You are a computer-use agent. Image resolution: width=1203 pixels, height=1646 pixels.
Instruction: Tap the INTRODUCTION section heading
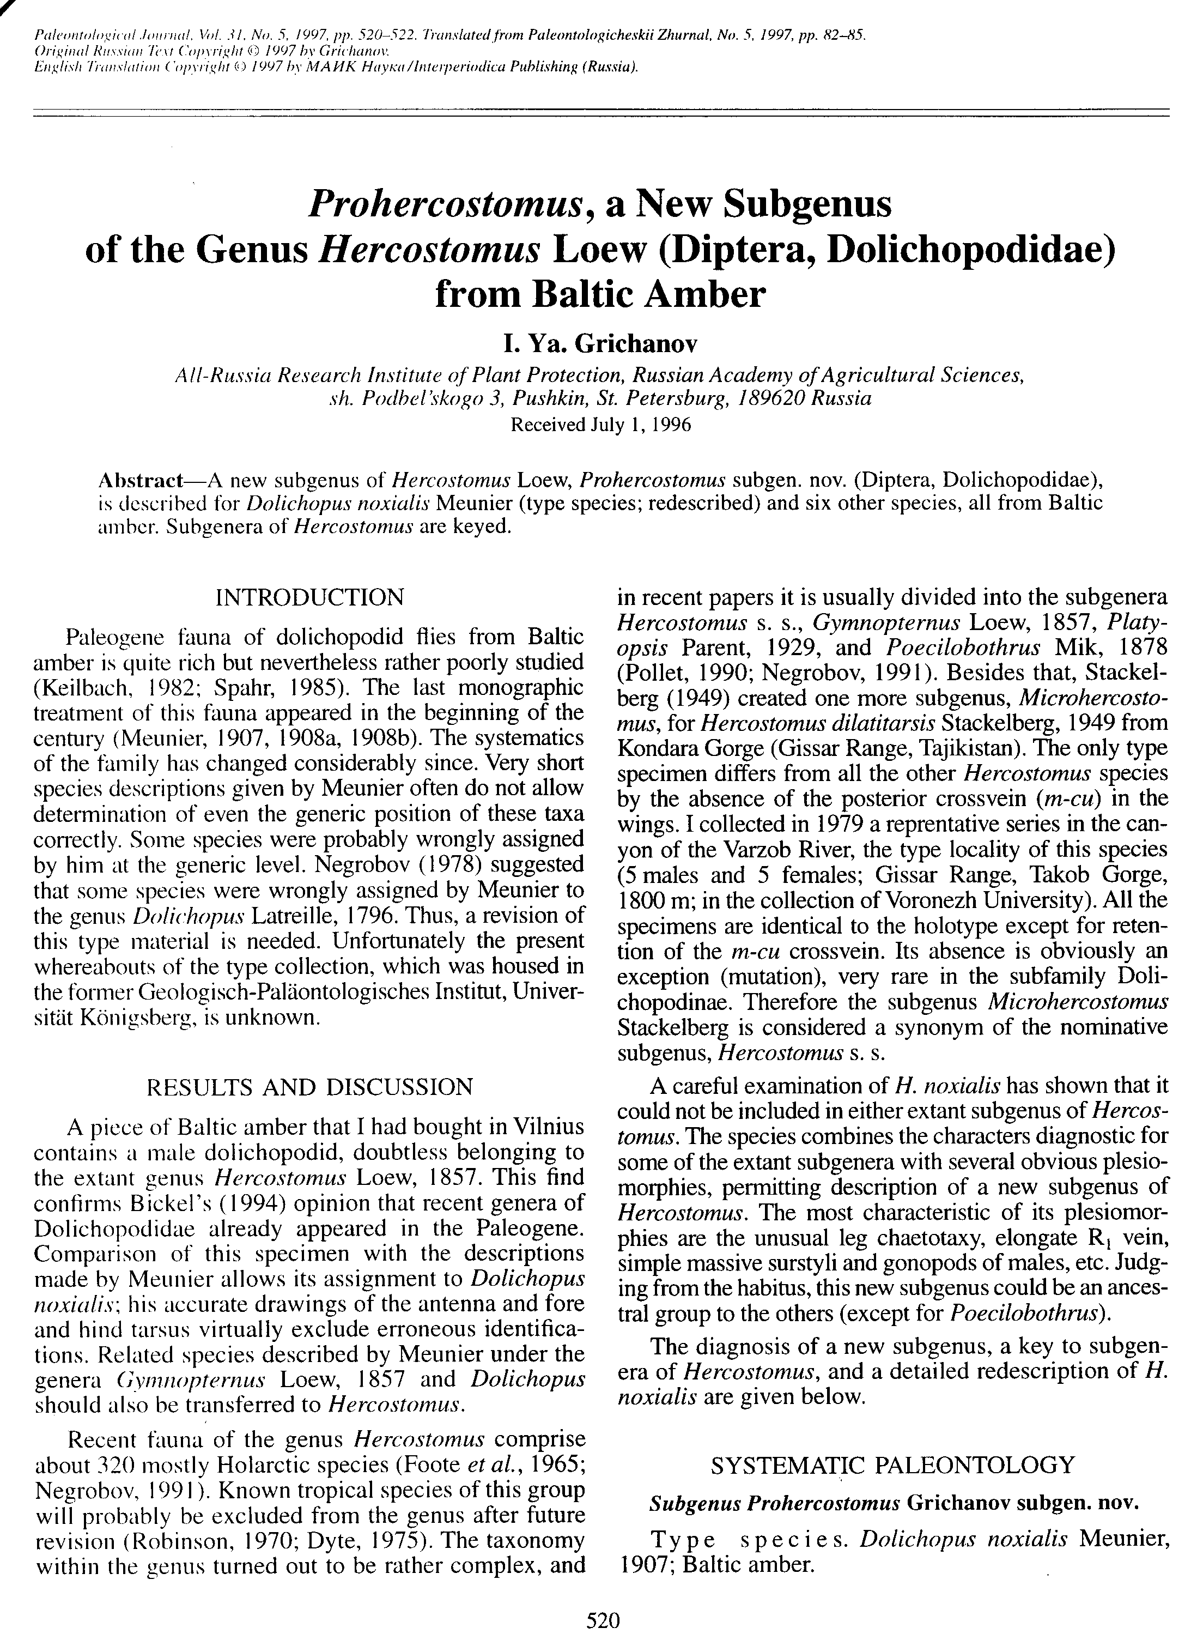pos(309,598)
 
